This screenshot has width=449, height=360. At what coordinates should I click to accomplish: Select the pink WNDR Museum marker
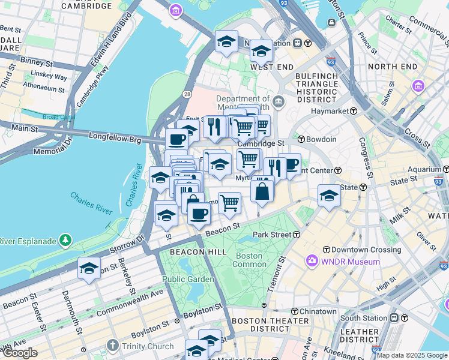(312, 261)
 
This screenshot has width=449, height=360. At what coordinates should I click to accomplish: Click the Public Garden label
(188, 279)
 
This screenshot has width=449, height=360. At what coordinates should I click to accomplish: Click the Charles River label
(91, 203)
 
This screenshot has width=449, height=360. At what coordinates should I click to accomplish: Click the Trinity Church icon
(112, 346)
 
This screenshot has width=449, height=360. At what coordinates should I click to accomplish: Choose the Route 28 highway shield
(187, 95)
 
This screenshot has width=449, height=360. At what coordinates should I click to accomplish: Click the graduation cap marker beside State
(328, 195)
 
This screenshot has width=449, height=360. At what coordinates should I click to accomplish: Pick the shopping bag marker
(262, 191)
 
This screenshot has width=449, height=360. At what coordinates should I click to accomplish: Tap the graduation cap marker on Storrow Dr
(89, 268)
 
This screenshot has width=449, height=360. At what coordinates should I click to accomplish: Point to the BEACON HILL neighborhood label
(193, 252)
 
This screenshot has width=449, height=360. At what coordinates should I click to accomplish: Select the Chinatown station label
(318, 311)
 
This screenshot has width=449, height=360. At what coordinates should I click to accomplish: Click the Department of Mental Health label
(243, 104)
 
